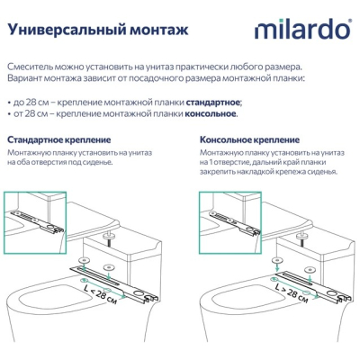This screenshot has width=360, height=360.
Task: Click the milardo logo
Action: (302, 29)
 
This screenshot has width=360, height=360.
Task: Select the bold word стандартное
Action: (213, 103)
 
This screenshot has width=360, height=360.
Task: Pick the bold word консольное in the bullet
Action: (210, 114)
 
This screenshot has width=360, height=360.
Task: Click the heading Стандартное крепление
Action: (59, 140)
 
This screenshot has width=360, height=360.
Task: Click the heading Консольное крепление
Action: (249, 140)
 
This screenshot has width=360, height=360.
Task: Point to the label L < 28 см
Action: (101, 293)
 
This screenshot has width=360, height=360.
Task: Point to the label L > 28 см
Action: (292, 292)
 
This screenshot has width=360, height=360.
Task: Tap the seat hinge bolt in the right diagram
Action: (301, 238)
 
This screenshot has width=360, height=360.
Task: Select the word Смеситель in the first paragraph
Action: (26, 67)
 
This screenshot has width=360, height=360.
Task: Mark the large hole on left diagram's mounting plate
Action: (139, 292)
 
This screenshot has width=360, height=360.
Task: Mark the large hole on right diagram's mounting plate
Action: (332, 292)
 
